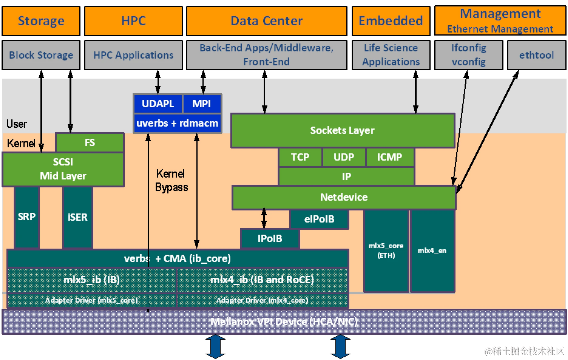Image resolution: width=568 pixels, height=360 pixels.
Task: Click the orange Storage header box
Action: click(x=41, y=21)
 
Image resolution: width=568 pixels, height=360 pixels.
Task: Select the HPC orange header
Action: click(x=133, y=21)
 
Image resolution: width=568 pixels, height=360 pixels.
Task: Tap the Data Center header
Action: click(x=267, y=21)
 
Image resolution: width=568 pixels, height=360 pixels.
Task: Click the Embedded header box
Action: click(x=391, y=21)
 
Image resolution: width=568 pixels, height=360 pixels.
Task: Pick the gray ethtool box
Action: click(x=536, y=55)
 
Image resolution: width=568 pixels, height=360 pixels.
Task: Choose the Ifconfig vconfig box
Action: click(x=468, y=55)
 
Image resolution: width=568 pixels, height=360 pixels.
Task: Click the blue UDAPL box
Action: click(x=158, y=104)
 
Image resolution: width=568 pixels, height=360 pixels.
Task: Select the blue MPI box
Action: click(x=201, y=104)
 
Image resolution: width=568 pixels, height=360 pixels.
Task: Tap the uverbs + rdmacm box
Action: click(x=177, y=123)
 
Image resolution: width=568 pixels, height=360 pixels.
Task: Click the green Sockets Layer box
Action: click(x=342, y=130)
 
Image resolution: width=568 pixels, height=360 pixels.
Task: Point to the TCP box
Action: click(x=300, y=157)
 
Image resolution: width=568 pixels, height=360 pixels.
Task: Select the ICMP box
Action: click(x=390, y=157)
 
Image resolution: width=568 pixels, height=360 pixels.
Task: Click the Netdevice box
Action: click(x=344, y=197)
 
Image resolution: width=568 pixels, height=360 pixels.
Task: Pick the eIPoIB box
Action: click(x=319, y=219)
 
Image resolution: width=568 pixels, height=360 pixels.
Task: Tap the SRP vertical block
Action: click(x=27, y=217)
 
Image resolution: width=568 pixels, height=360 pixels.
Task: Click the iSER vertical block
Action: click(x=78, y=217)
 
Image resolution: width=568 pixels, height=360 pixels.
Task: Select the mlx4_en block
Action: click(x=432, y=251)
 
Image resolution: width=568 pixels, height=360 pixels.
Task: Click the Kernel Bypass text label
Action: click(x=171, y=180)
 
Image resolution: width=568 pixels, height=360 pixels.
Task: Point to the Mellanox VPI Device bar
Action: click(x=284, y=321)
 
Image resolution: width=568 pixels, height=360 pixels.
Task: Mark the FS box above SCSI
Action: click(x=89, y=143)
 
